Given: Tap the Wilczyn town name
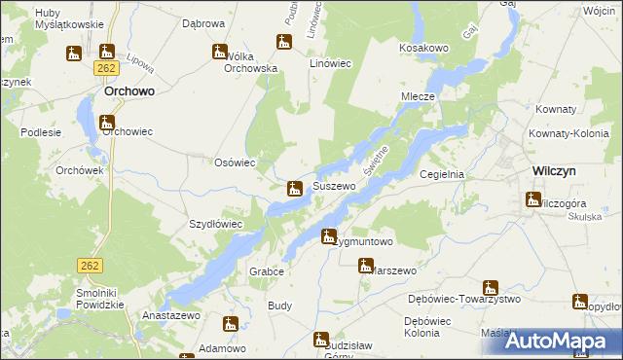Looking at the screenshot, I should coord(558,170).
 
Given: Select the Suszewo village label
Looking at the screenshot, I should coord(333,186).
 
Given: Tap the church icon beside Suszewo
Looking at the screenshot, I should coord(294,188).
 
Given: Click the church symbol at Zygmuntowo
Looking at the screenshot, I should coord(329,235).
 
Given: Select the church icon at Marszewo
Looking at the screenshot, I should coord(365,265).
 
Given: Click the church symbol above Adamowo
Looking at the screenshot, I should coord(231,324).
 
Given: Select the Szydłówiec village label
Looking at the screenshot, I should coord(215,224).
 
